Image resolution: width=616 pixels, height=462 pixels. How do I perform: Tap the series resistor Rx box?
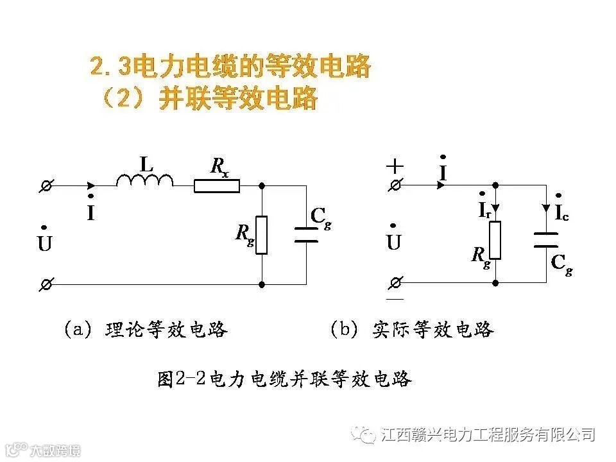(x=217, y=186)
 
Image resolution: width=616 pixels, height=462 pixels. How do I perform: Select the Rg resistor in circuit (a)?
(x=261, y=235)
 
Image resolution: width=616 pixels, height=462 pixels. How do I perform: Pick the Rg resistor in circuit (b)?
(x=495, y=240)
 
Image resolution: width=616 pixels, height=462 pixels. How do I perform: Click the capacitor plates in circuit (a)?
(x=306, y=234)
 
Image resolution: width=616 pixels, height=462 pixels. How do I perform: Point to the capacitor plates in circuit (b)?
(x=547, y=240)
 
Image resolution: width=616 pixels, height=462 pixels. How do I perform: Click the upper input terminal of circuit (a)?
(x=46, y=186)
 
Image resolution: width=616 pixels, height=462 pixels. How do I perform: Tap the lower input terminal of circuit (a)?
(x=46, y=284)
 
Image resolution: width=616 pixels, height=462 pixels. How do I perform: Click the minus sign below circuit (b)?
(x=395, y=299)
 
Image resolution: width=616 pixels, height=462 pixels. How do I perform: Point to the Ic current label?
(x=561, y=212)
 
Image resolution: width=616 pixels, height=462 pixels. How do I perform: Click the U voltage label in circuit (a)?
(x=44, y=242)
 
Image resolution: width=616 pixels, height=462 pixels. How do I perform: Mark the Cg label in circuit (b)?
(x=560, y=264)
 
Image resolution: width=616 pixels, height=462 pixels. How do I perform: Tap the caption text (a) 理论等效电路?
(x=145, y=330)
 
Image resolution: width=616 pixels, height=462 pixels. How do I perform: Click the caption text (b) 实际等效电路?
(x=411, y=330)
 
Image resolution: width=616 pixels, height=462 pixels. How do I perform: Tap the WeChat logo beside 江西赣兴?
(x=367, y=435)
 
